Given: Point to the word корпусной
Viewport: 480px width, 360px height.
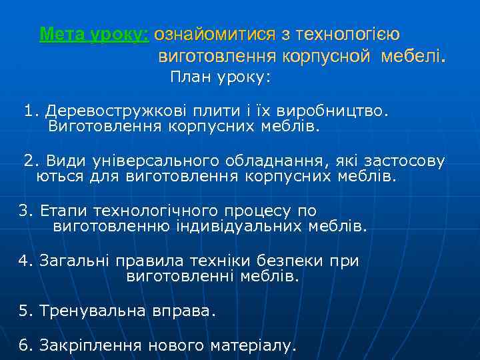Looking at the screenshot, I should (x=327, y=57).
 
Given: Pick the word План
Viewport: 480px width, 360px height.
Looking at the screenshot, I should (x=189, y=77).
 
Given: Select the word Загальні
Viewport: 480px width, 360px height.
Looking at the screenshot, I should (x=75, y=261).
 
